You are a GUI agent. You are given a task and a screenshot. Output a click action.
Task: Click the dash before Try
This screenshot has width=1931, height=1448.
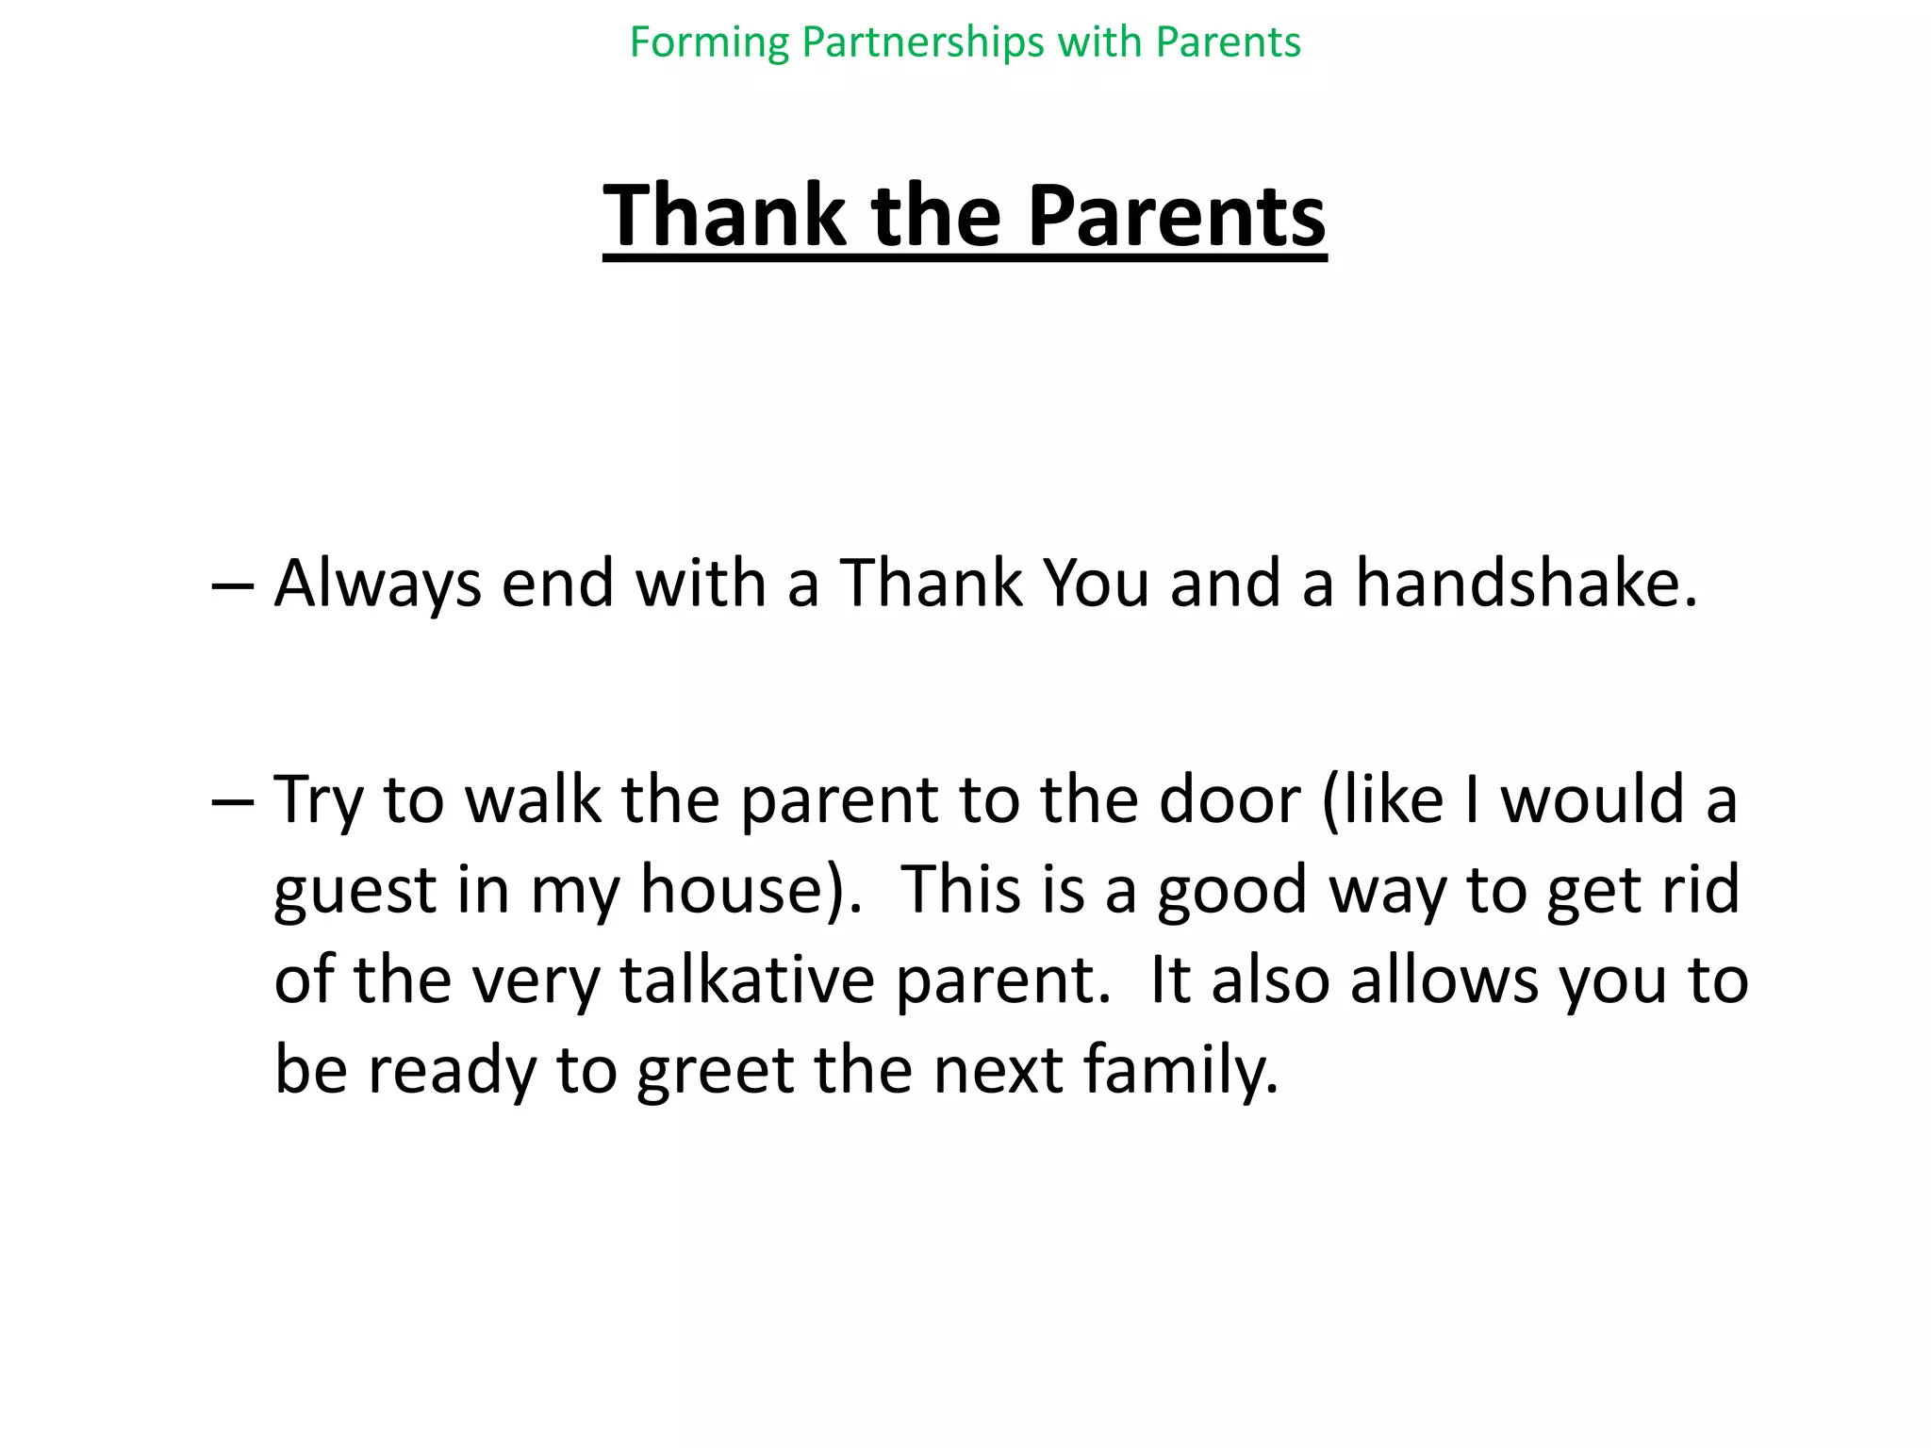pyautogui.click(x=232, y=801)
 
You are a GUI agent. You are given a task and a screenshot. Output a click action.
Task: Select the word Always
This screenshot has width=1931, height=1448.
pyautogui.click(x=377, y=584)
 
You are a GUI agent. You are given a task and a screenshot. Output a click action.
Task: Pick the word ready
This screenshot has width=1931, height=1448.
pyautogui.click(x=451, y=1071)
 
